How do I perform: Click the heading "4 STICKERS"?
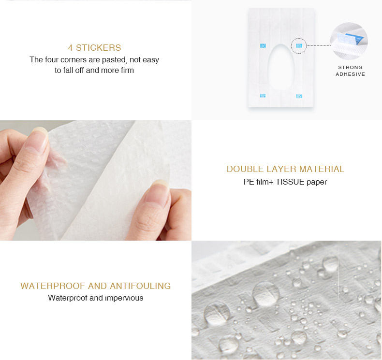[x=94, y=48]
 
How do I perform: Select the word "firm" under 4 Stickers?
[x=128, y=70]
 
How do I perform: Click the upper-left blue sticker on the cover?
[x=263, y=46]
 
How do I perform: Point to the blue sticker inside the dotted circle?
[x=299, y=45]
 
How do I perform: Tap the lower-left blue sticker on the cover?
[x=263, y=96]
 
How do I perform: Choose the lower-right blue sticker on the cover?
[x=299, y=96]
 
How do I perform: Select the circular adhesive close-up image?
[x=349, y=41]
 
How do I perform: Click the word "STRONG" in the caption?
[x=351, y=68]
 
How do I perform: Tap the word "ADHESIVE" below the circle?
[x=351, y=74]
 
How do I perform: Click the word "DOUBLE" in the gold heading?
[x=245, y=169]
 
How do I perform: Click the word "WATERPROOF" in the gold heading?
[x=53, y=286]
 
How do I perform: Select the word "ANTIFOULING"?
[x=140, y=286]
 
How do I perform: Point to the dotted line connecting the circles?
[x=319, y=45]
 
